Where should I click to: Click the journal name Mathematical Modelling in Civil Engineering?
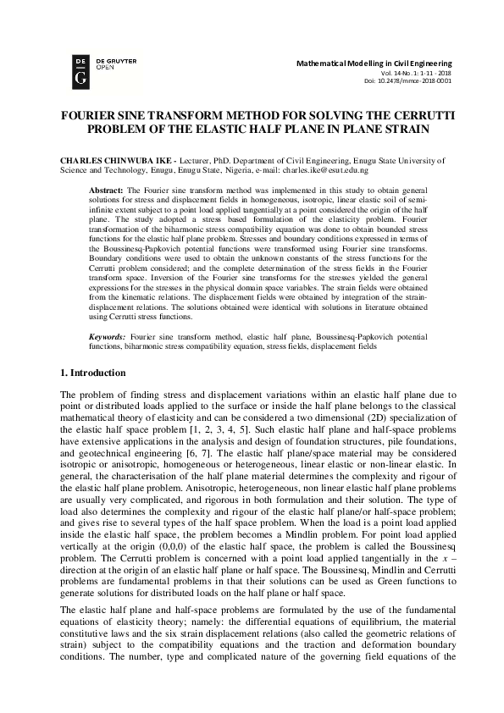[x=374, y=64]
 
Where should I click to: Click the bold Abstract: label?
[x=107, y=192]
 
